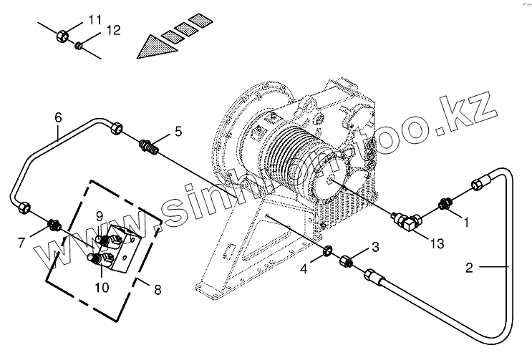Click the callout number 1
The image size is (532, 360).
(466, 222)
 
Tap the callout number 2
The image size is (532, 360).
(469, 268)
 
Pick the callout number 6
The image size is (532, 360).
(58, 117)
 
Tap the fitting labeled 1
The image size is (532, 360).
(445, 204)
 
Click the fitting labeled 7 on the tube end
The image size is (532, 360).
(54, 225)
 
